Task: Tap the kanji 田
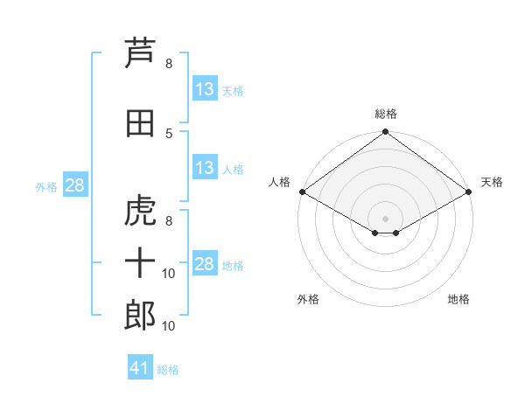click(140, 123)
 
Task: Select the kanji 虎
click(140, 211)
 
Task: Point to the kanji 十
click(140, 263)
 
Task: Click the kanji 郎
click(140, 316)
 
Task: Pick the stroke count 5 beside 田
click(169, 133)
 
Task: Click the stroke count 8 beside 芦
click(169, 64)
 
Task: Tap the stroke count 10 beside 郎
click(170, 326)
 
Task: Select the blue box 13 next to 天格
click(205, 89)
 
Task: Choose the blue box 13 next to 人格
click(205, 168)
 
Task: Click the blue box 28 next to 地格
click(205, 264)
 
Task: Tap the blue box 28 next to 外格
click(73, 185)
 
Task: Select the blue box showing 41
click(140, 368)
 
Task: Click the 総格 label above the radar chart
click(385, 114)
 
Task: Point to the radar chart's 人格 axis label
click(279, 182)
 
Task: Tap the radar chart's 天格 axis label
click(492, 182)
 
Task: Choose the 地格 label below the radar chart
click(458, 299)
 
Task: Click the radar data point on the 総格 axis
click(385, 132)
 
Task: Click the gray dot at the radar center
click(385, 218)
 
